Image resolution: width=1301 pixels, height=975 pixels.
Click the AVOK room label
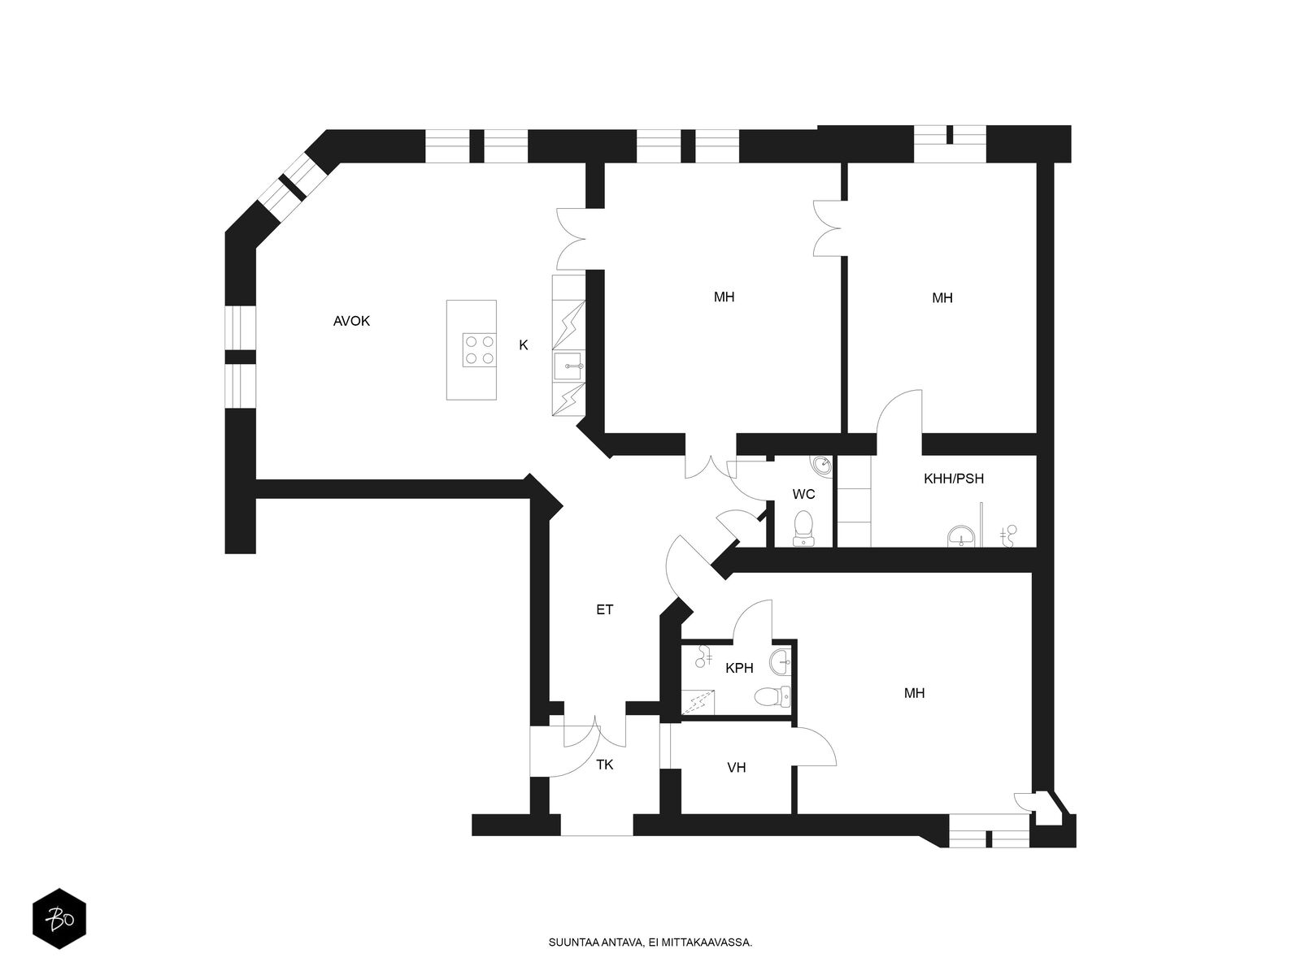(x=351, y=321)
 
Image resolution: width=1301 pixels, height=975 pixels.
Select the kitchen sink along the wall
(x=568, y=366)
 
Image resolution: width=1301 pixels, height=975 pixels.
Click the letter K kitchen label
(x=524, y=345)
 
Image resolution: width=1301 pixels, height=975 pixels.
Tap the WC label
(x=803, y=494)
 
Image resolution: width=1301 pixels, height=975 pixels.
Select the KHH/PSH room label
(x=954, y=479)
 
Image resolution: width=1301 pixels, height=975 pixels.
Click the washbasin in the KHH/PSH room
(x=962, y=537)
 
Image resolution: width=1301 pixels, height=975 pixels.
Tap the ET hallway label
(x=604, y=609)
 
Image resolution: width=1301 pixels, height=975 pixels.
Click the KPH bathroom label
(x=739, y=668)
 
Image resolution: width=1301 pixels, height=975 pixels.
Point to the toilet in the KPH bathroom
(x=769, y=696)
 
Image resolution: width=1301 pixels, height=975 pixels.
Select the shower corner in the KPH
(x=698, y=701)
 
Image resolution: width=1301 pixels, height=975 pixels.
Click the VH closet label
(x=737, y=767)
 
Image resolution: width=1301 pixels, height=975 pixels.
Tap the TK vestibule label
(x=605, y=765)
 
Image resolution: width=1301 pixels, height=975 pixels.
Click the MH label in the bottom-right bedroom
(x=914, y=693)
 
